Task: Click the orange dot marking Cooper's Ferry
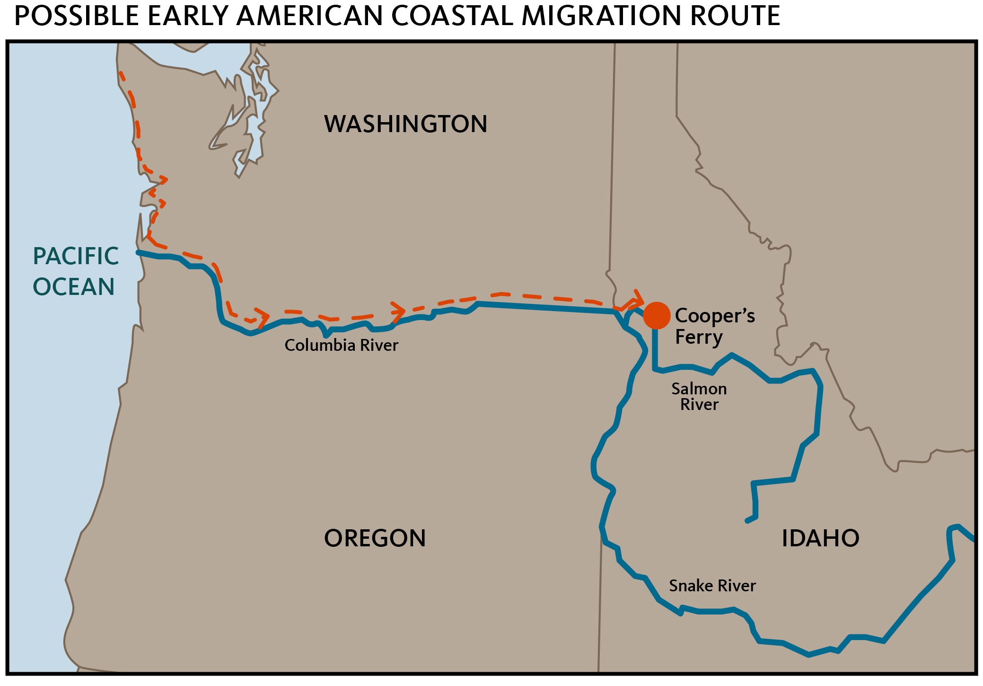tap(657, 315)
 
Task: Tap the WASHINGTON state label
tap(405, 124)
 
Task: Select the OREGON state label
tap(375, 538)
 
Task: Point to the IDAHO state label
tap(820, 538)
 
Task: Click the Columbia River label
tap(341, 345)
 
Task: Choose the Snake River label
tap(712, 586)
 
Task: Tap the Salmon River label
tap(699, 397)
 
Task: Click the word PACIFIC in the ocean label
tap(76, 257)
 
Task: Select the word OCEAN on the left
tap(74, 287)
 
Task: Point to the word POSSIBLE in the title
tap(77, 16)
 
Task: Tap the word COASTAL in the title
tap(452, 16)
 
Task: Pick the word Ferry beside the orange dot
tap(699, 337)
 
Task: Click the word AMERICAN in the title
tap(310, 16)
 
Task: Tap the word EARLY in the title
tap(188, 16)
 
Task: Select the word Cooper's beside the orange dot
tap(714, 316)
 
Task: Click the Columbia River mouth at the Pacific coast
tap(139, 252)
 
